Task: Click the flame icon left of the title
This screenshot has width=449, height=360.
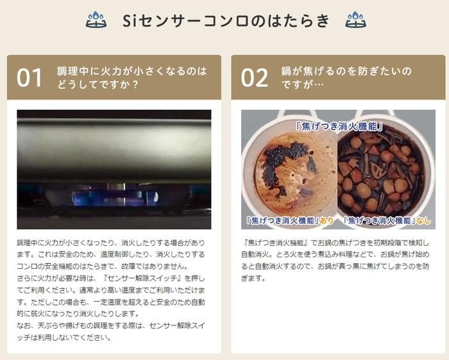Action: [96, 20]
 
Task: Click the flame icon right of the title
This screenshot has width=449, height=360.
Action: [355, 20]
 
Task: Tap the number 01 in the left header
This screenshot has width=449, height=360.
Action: [30, 78]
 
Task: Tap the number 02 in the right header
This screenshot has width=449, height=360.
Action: [254, 78]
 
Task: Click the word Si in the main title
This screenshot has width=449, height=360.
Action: [131, 21]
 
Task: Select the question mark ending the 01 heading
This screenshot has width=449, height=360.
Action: [135, 85]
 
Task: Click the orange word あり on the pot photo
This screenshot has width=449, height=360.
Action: [326, 221]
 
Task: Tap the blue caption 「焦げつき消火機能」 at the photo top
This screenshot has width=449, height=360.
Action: [339, 126]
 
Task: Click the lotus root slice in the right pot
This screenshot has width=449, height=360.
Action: [377, 168]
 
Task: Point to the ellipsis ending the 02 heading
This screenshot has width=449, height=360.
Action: [318, 84]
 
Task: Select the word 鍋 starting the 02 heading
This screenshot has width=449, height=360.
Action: [286, 71]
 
